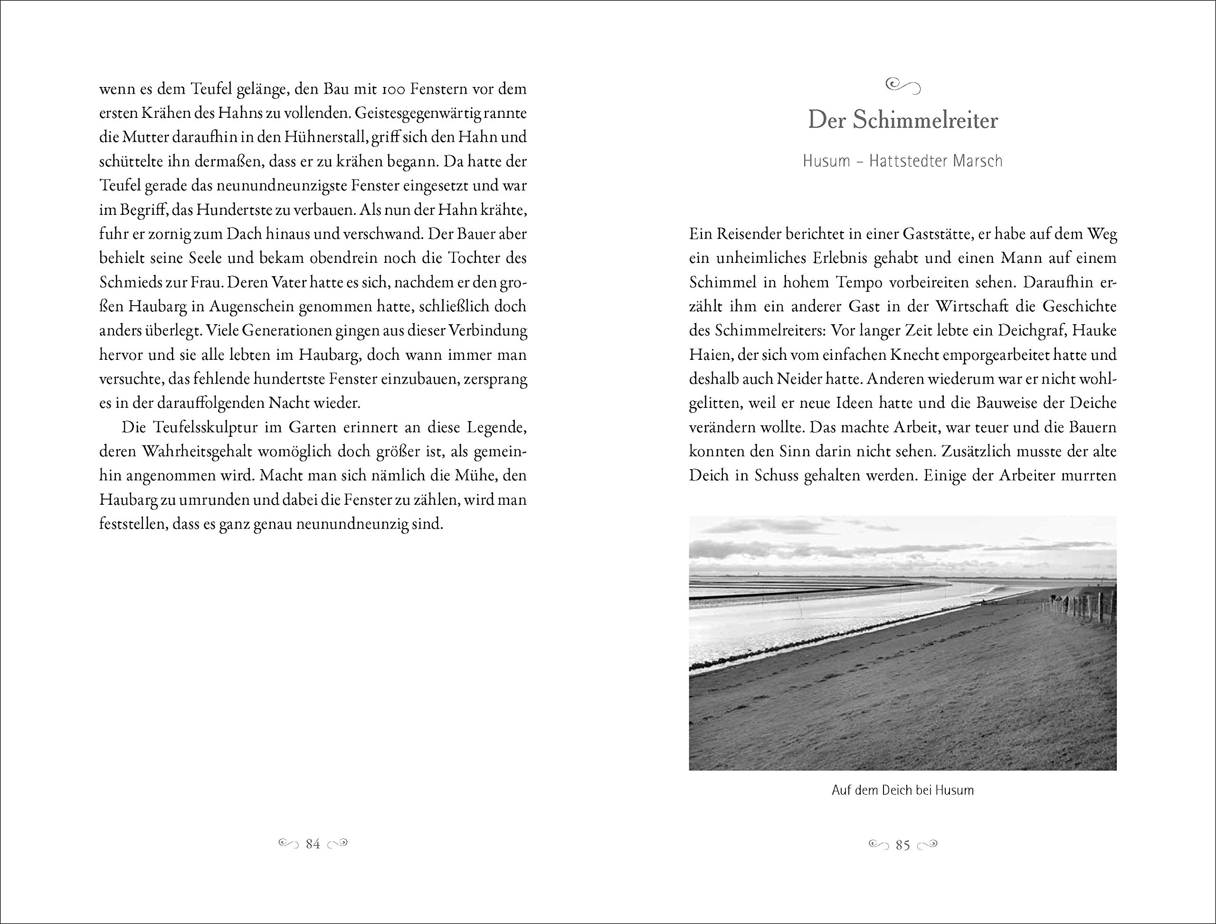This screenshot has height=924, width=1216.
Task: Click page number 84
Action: tap(313, 844)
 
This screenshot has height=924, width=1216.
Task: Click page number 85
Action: tap(903, 845)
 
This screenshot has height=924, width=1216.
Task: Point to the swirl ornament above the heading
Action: tap(903, 86)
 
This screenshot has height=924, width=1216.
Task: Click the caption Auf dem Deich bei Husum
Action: tap(902, 790)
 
